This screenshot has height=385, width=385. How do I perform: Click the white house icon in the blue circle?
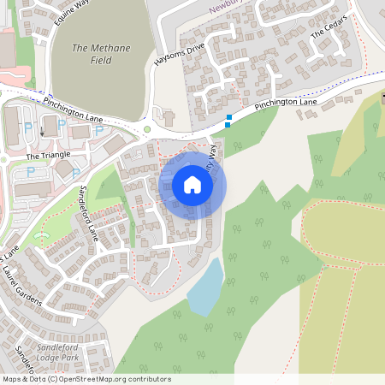click(192, 185)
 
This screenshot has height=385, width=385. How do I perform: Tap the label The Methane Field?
click(101, 55)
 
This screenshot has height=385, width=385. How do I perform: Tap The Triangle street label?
click(45, 157)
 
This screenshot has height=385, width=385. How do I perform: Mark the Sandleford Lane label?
click(90, 214)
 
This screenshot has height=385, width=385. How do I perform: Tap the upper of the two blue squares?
click(229, 117)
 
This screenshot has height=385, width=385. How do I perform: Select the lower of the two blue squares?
click(227, 125)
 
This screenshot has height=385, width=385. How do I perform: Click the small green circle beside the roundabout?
click(147, 129)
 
